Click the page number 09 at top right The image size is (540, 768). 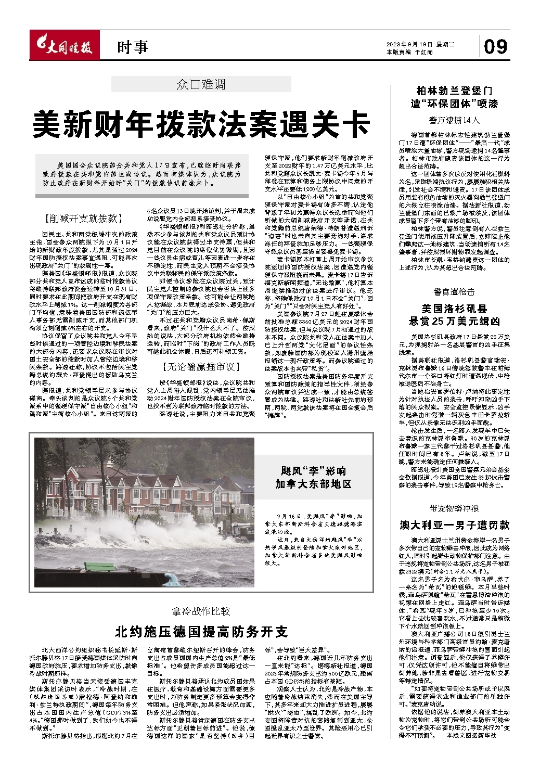tap(495, 47)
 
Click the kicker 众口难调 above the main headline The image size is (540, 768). tap(201, 84)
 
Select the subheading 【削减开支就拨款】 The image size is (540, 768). tap(83, 219)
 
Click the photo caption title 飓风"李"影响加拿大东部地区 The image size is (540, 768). tap(313, 478)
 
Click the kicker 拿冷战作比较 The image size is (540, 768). tap(201, 611)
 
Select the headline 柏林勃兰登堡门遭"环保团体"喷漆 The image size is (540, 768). tap(455, 97)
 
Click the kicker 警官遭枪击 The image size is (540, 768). tap(455, 292)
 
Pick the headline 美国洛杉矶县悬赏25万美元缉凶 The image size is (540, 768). tap(455, 314)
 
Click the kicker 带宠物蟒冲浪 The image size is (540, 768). tap(455, 508)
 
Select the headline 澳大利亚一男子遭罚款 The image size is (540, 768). tap(455, 525)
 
